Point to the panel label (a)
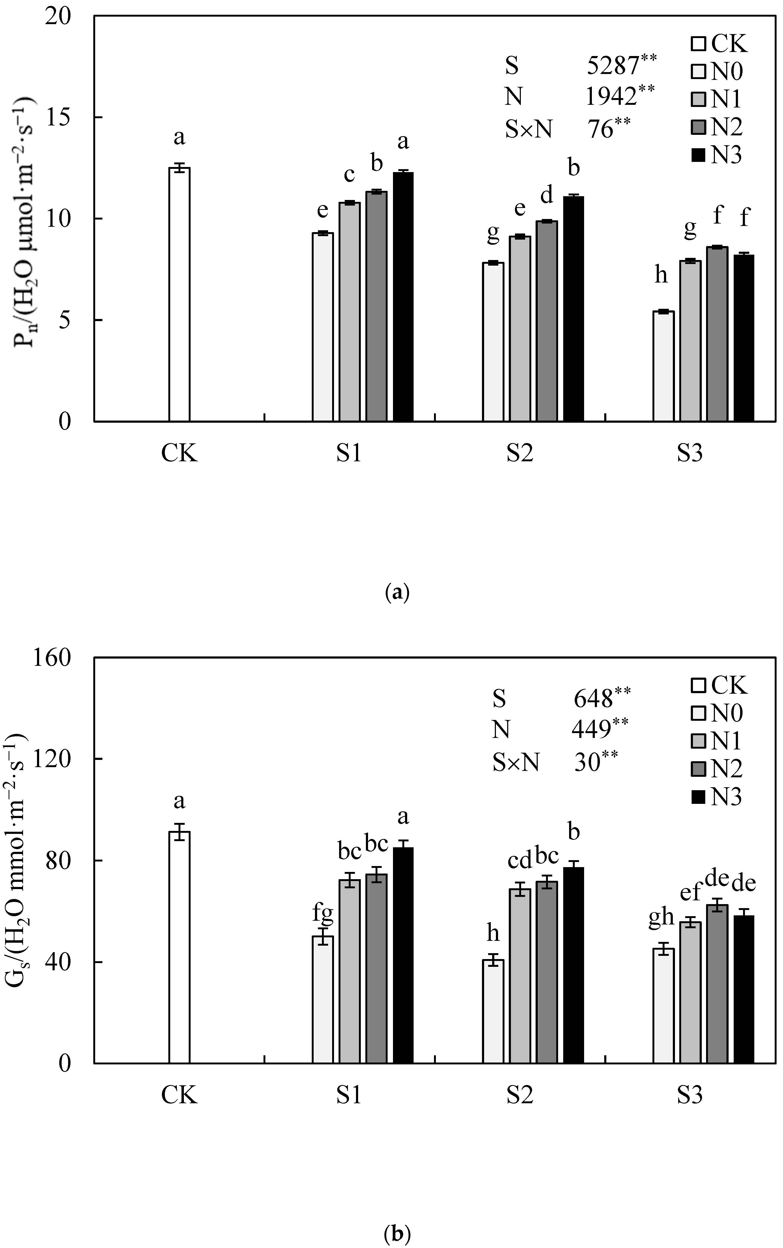[397, 592]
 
